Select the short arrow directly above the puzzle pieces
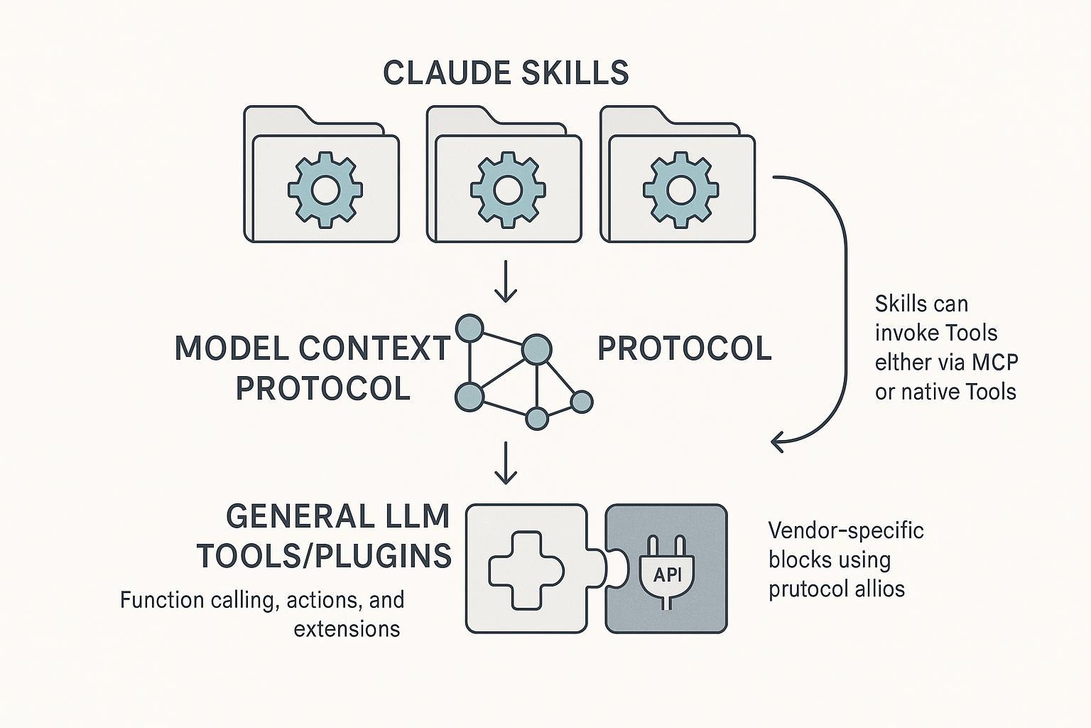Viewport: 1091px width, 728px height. (505, 463)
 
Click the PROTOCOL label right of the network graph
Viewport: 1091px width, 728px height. (684, 348)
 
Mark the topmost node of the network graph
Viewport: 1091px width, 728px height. (468, 328)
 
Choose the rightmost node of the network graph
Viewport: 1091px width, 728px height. (582, 402)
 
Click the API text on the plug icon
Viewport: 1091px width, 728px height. (667, 575)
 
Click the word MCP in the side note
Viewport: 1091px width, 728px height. (994, 362)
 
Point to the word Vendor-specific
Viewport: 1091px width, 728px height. (846, 530)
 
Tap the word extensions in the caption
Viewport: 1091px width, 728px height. (347, 629)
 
